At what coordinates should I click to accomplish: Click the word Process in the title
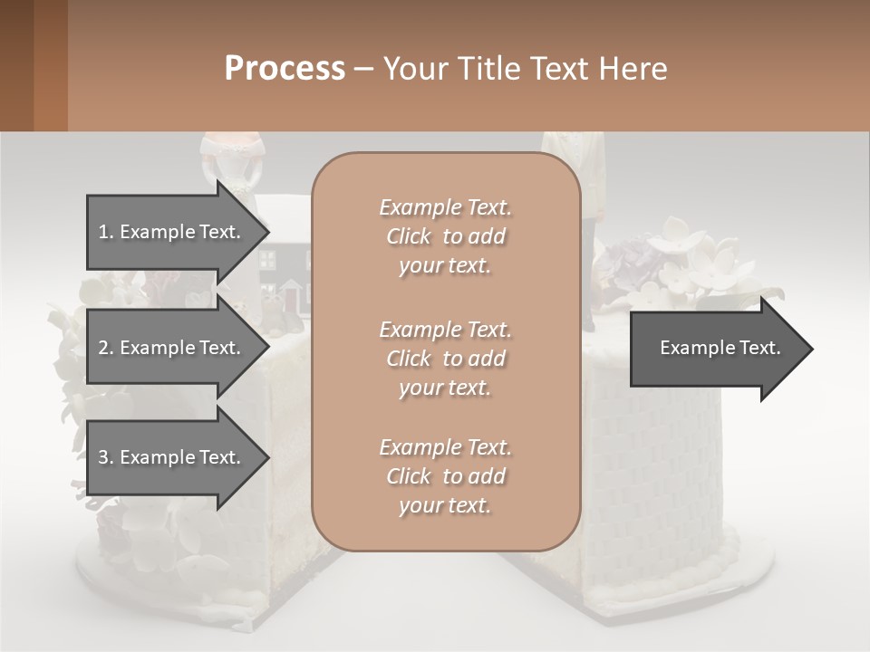[x=285, y=69]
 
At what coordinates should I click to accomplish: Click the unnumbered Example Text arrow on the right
[x=720, y=348]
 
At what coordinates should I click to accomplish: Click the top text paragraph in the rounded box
[x=445, y=236]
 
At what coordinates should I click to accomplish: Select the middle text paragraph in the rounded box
[x=445, y=359]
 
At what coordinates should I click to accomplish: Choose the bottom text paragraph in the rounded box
[x=445, y=476]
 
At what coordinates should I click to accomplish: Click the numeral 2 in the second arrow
[x=103, y=348]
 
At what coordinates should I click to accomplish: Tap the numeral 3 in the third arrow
[x=103, y=457]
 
